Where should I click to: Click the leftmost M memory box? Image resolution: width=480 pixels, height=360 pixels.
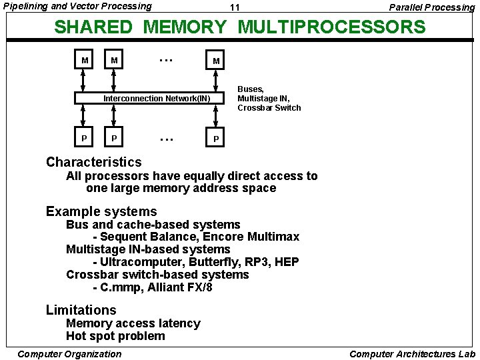tap(84, 61)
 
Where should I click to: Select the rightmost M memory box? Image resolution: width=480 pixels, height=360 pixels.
tap(215, 61)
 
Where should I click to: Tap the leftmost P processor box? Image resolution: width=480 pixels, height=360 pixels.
tap(84, 138)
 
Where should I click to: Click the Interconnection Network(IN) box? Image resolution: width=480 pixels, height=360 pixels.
tap(156, 99)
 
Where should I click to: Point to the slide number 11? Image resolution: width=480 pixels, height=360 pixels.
tap(234, 7)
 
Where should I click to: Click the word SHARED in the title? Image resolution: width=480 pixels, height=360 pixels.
tap(94, 27)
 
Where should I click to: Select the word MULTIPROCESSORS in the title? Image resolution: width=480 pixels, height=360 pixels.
tap(331, 27)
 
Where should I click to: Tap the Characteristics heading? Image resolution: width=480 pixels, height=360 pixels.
tap(93, 162)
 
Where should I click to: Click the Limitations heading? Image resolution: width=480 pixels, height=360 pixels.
tap(81, 310)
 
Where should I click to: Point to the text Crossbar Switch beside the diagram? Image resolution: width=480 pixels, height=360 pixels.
tap(269, 108)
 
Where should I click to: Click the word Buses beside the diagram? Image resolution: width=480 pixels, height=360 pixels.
tap(251, 89)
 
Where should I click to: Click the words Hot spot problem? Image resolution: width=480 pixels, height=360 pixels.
tap(115, 336)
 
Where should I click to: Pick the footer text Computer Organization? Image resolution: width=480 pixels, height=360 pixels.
tap(69, 354)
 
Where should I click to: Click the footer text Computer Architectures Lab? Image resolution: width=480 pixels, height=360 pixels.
tap(412, 354)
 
